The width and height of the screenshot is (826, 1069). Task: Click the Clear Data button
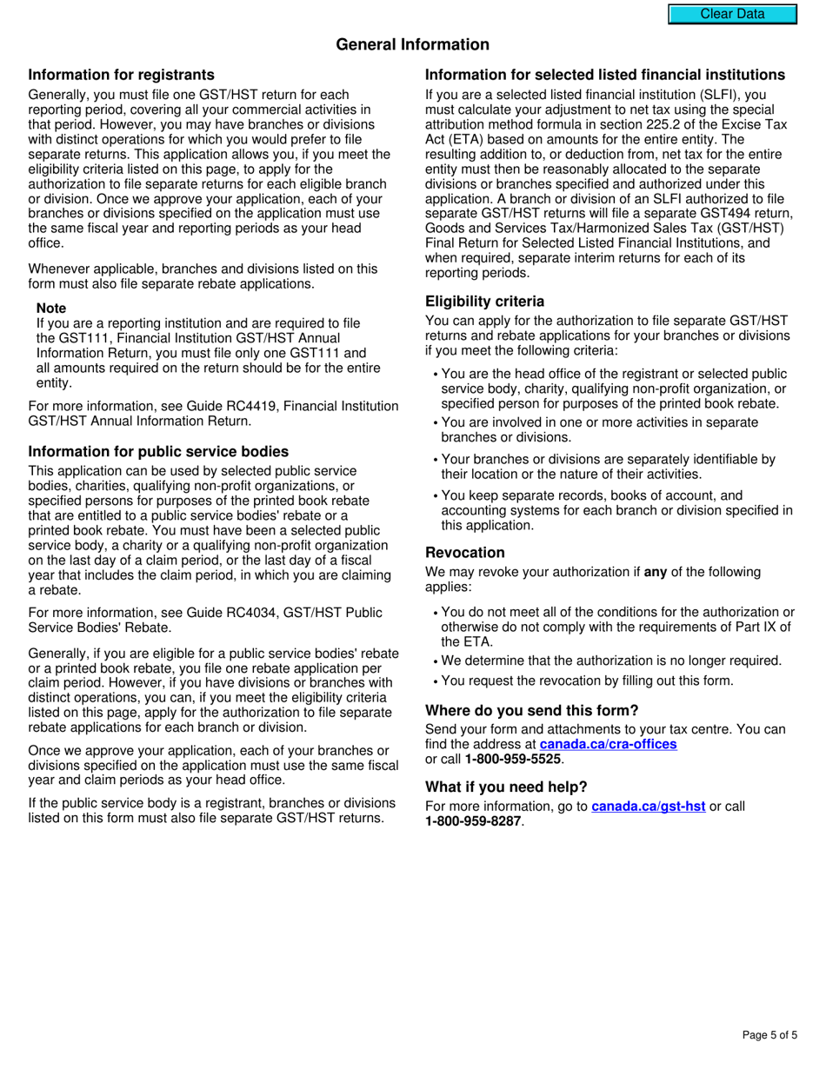(732, 14)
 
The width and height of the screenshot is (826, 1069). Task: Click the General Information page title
(412, 44)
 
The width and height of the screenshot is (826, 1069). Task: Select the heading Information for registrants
(121, 75)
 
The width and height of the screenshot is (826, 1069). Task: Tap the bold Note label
(51, 309)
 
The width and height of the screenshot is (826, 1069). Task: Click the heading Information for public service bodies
(158, 452)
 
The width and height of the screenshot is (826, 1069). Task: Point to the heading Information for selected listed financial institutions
(604, 75)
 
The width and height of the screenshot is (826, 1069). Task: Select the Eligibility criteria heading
(484, 302)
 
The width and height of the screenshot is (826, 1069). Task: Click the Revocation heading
(464, 553)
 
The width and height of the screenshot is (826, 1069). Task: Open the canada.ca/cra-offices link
(608, 745)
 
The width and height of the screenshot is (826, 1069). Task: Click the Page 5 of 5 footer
(769, 1035)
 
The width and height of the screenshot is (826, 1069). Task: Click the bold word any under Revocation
(655, 572)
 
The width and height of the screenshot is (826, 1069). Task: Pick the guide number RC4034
(236, 613)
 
